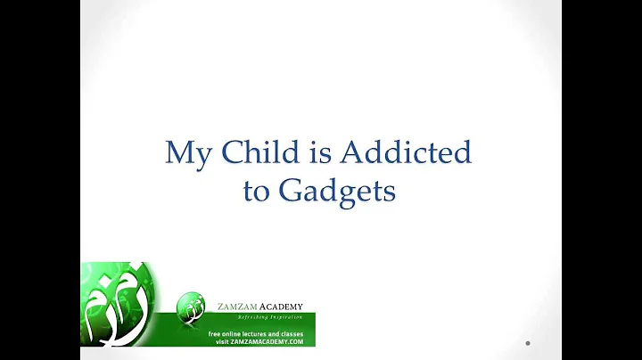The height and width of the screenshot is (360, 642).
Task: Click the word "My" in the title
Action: [x=187, y=154]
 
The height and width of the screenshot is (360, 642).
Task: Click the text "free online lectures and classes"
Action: [x=255, y=333]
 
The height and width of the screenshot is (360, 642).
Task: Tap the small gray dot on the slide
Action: [x=528, y=343]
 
